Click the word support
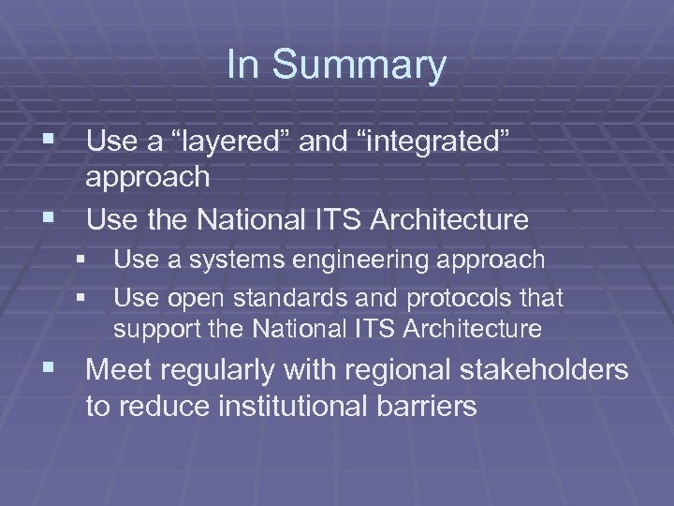tap(151, 330)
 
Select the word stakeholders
tap(544, 371)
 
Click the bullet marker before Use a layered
tap(53, 142)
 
